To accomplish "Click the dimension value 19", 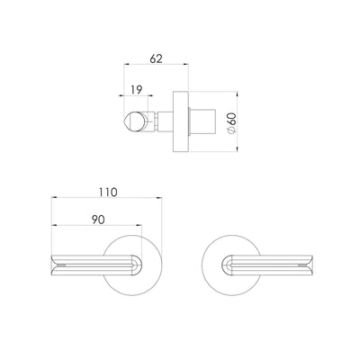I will click(135, 89).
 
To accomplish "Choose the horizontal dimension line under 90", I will click(94, 228).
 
